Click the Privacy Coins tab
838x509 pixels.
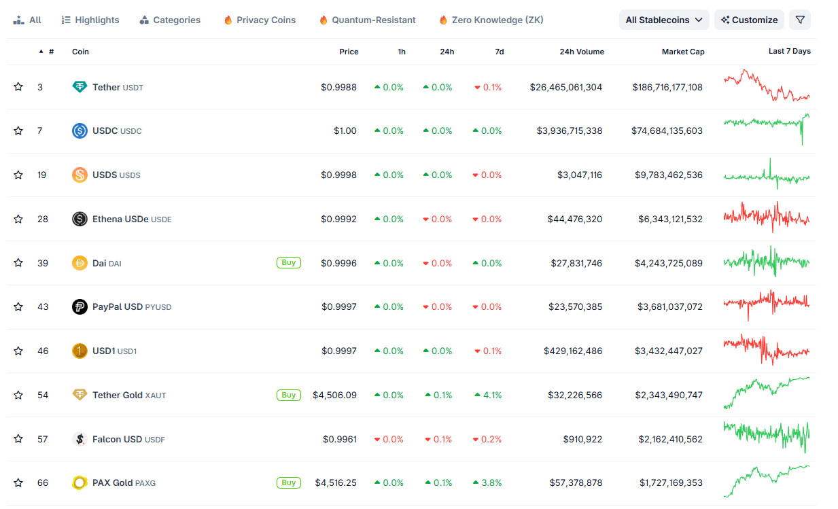[260, 20]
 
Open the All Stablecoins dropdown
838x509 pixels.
[663, 20]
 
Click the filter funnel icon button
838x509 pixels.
[799, 20]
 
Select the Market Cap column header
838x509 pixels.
[683, 52]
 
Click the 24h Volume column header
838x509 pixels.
[581, 52]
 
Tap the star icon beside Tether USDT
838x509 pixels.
[18, 87]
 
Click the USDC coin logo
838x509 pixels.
[80, 131]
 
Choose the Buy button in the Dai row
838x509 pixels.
[288, 263]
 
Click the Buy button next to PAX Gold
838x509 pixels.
[288, 483]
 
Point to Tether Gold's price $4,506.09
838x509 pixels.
[334, 396]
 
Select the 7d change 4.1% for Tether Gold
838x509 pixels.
[488, 396]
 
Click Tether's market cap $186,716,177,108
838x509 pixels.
[667, 88]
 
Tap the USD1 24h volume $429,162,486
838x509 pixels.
[572, 351]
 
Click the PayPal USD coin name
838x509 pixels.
[117, 307]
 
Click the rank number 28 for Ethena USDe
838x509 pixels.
[43, 220]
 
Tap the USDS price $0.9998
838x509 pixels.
[338, 175]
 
